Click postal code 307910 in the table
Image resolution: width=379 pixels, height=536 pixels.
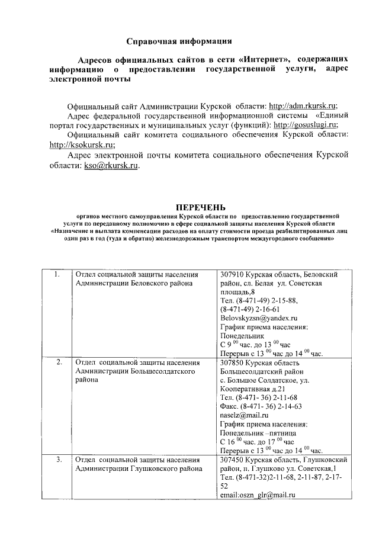click(233, 275)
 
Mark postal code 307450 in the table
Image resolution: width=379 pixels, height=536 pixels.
click(233, 459)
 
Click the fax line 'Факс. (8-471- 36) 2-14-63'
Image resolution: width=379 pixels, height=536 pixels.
click(261, 406)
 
